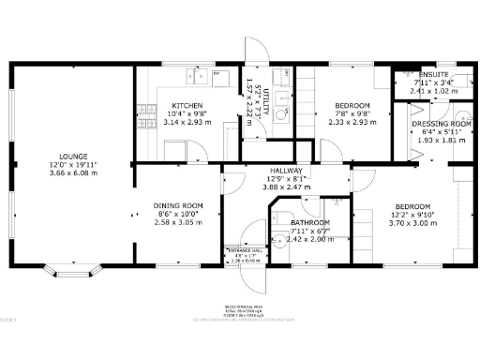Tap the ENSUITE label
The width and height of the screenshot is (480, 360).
point(434,73)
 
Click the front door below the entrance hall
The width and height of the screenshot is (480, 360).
point(252,271)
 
